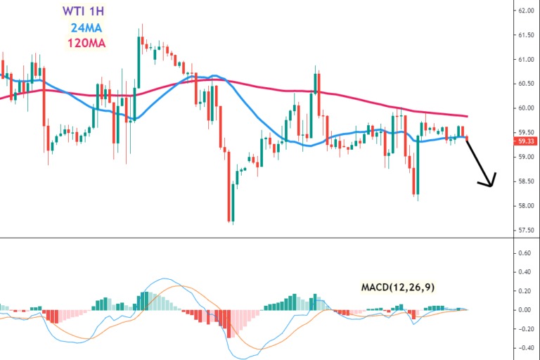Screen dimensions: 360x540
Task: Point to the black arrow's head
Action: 491,185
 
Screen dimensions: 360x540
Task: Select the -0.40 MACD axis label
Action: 523,347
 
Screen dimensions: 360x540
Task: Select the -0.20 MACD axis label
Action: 523,328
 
